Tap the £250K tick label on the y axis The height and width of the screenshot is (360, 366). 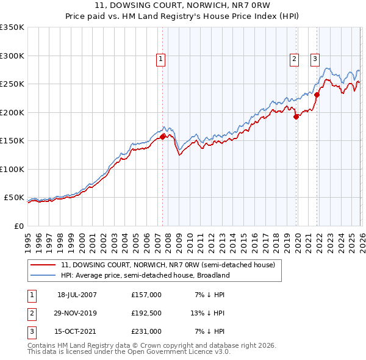tap(12, 84)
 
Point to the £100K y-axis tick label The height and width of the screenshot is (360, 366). tap(12, 169)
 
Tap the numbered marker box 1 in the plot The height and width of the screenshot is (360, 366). tap(160, 59)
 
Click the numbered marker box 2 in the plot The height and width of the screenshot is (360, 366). tap(294, 59)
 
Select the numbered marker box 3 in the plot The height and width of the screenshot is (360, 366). tap(315, 59)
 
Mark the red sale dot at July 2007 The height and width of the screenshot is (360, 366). tap(162, 137)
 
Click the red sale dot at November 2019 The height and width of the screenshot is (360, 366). tap(296, 117)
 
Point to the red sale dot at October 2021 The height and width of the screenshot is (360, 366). tap(317, 95)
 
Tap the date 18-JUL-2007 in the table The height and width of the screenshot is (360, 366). tap(77, 295)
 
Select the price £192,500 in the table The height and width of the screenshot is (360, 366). tap(146, 313)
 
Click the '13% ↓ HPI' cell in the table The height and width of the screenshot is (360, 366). tap(207, 313)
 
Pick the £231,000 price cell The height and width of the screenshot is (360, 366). tap(146, 331)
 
